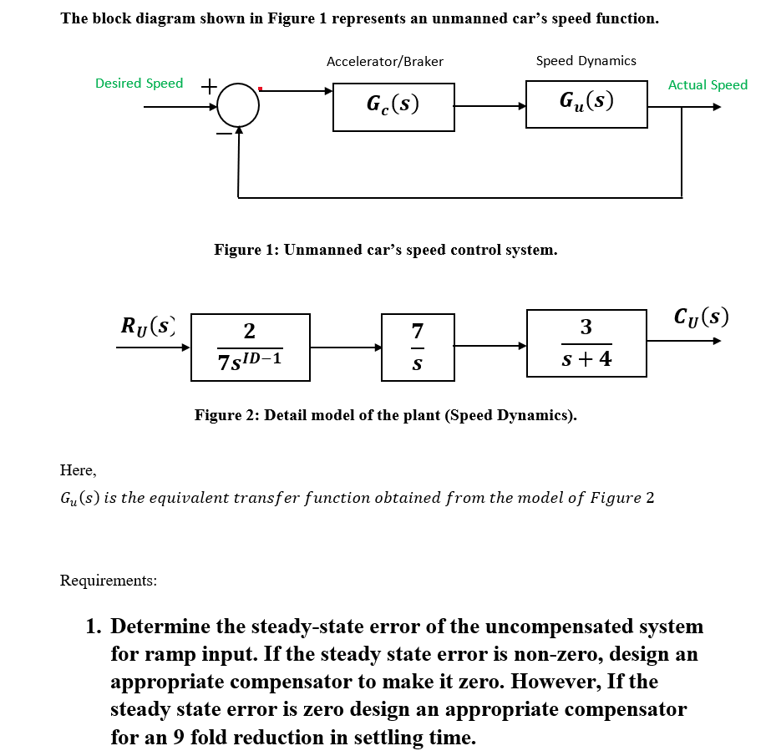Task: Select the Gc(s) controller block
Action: [x=393, y=107]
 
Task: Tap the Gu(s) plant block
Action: [x=586, y=104]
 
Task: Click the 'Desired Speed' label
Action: [x=139, y=83]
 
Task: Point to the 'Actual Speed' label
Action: [x=708, y=84]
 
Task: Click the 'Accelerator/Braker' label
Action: [x=385, y=61]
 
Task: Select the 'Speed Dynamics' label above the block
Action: [x=586, y=60]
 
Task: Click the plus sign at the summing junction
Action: [x=210, y=84]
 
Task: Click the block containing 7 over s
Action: [x=418, y=347]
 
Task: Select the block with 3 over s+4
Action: [x=586, y=342]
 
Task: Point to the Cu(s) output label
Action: [x=700, y=318]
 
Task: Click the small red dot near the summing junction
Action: [x=261, y=88]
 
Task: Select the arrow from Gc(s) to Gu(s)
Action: [x=490, y=107]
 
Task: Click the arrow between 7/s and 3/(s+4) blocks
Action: [x=490, y=346]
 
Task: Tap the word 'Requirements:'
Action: [x=109, y=580]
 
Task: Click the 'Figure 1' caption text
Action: [x=385, y=250]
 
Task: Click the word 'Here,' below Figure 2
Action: [x=78, y=469]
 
